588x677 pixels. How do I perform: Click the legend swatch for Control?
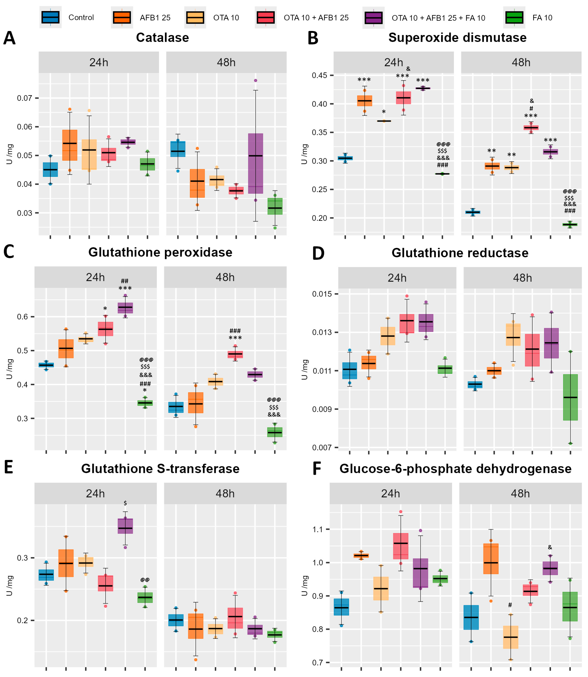point(50,17)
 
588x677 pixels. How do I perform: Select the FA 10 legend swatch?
point(514,17)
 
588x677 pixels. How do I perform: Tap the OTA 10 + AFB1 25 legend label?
point(316,18)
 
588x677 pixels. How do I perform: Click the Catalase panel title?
point(162,38)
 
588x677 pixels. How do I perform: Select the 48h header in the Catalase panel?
point(226,62)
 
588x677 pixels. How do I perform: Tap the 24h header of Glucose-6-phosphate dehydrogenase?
point(390,494)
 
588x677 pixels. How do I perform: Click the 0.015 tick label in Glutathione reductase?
point(322,294)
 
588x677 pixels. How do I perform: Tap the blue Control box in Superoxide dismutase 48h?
point(472,212)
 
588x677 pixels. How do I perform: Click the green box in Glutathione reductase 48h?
point(570,397)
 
